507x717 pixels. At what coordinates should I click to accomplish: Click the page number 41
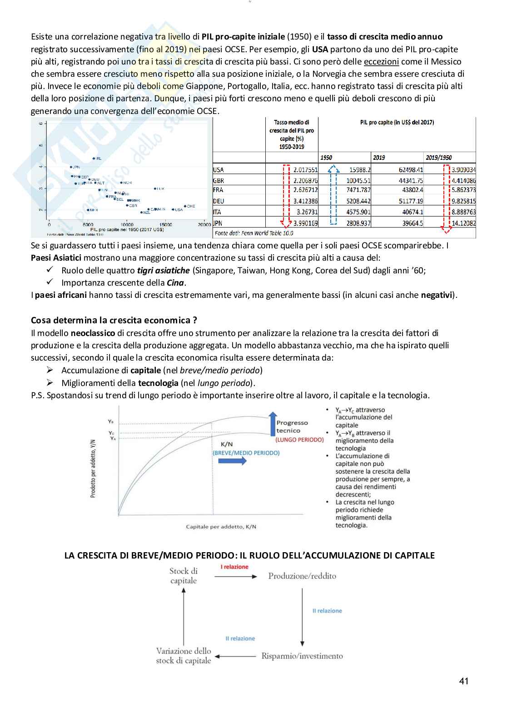tap(463, 681)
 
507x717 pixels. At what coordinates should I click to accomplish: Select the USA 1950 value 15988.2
tap(359, 170)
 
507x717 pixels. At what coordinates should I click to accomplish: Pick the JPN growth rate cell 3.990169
tap(305, 223)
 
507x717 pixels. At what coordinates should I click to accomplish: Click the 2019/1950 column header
tap(438, 158)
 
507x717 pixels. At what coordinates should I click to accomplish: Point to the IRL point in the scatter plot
tap(94, 158)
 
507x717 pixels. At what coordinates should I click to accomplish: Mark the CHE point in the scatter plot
tap(185, 206)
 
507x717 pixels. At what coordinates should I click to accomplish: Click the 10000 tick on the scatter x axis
tap(127, 225)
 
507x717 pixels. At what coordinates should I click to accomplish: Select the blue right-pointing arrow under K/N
tap(232, 461)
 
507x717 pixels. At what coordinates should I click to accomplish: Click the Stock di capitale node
tap(184, 576)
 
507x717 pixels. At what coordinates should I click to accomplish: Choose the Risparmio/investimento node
tap(302, 656)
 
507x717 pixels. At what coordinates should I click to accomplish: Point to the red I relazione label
tap(234, 567)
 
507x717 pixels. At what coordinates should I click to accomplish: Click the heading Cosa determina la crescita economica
tap(114, 320)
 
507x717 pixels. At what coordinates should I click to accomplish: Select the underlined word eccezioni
tap(381, 62)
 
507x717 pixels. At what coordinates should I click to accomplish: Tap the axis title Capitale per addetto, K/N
tap(221, 527)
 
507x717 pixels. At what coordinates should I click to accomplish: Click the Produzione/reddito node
tap(302, 576)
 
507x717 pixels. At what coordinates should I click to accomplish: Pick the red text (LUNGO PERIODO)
tap(299, 440)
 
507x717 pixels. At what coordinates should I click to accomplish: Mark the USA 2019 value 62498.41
tap(411, 170)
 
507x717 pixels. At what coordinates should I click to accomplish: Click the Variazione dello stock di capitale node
tap(184, 656)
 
